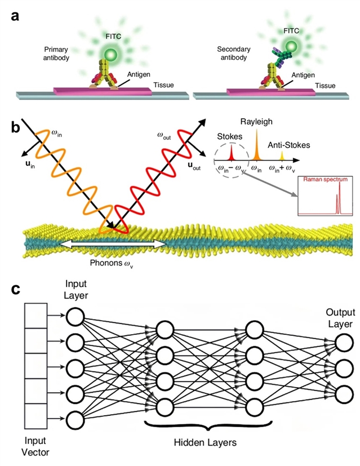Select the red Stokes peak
[x=232, y=154]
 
